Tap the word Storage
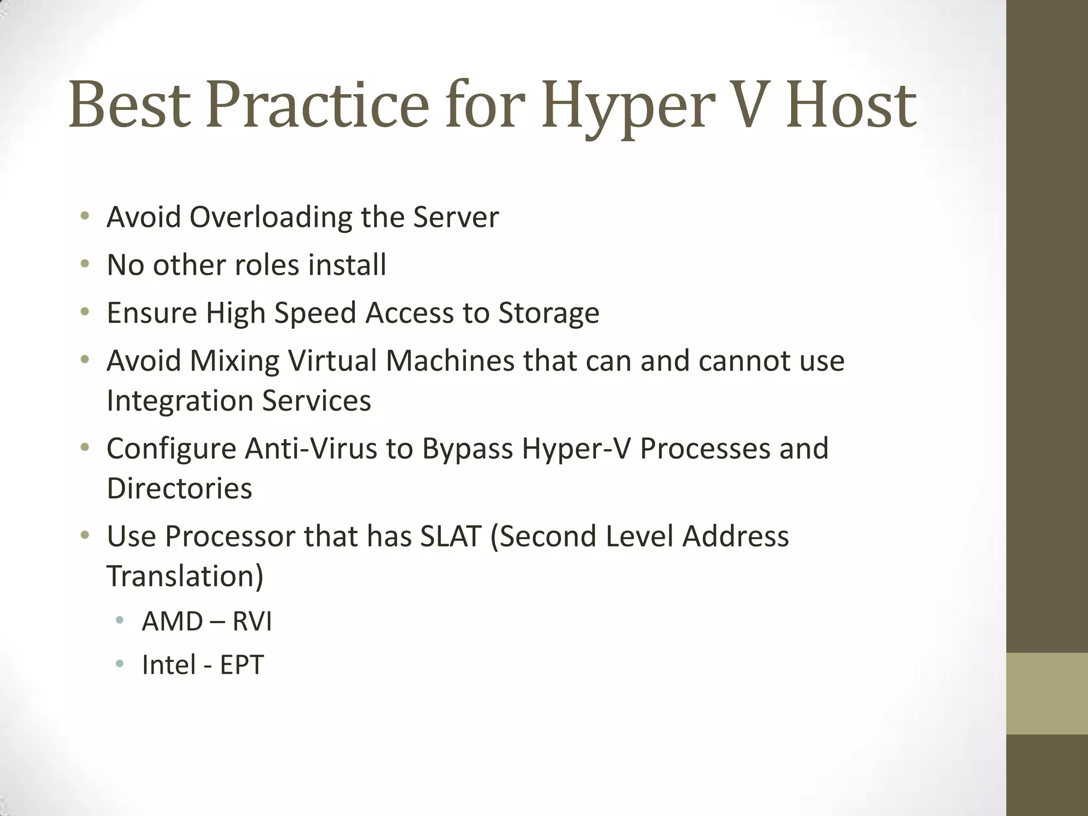click(x=549, y=313)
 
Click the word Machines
click(x=450, y=361)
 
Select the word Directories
click(x=180, y=488)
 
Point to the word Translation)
click(x=185, y=576)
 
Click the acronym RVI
click(x=252, y=622)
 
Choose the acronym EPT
click(x=242, y=665)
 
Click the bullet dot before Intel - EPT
click(x=120, y=664)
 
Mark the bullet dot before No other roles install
click(x=84, y=264)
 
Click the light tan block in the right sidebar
click(x=1047, y=693)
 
